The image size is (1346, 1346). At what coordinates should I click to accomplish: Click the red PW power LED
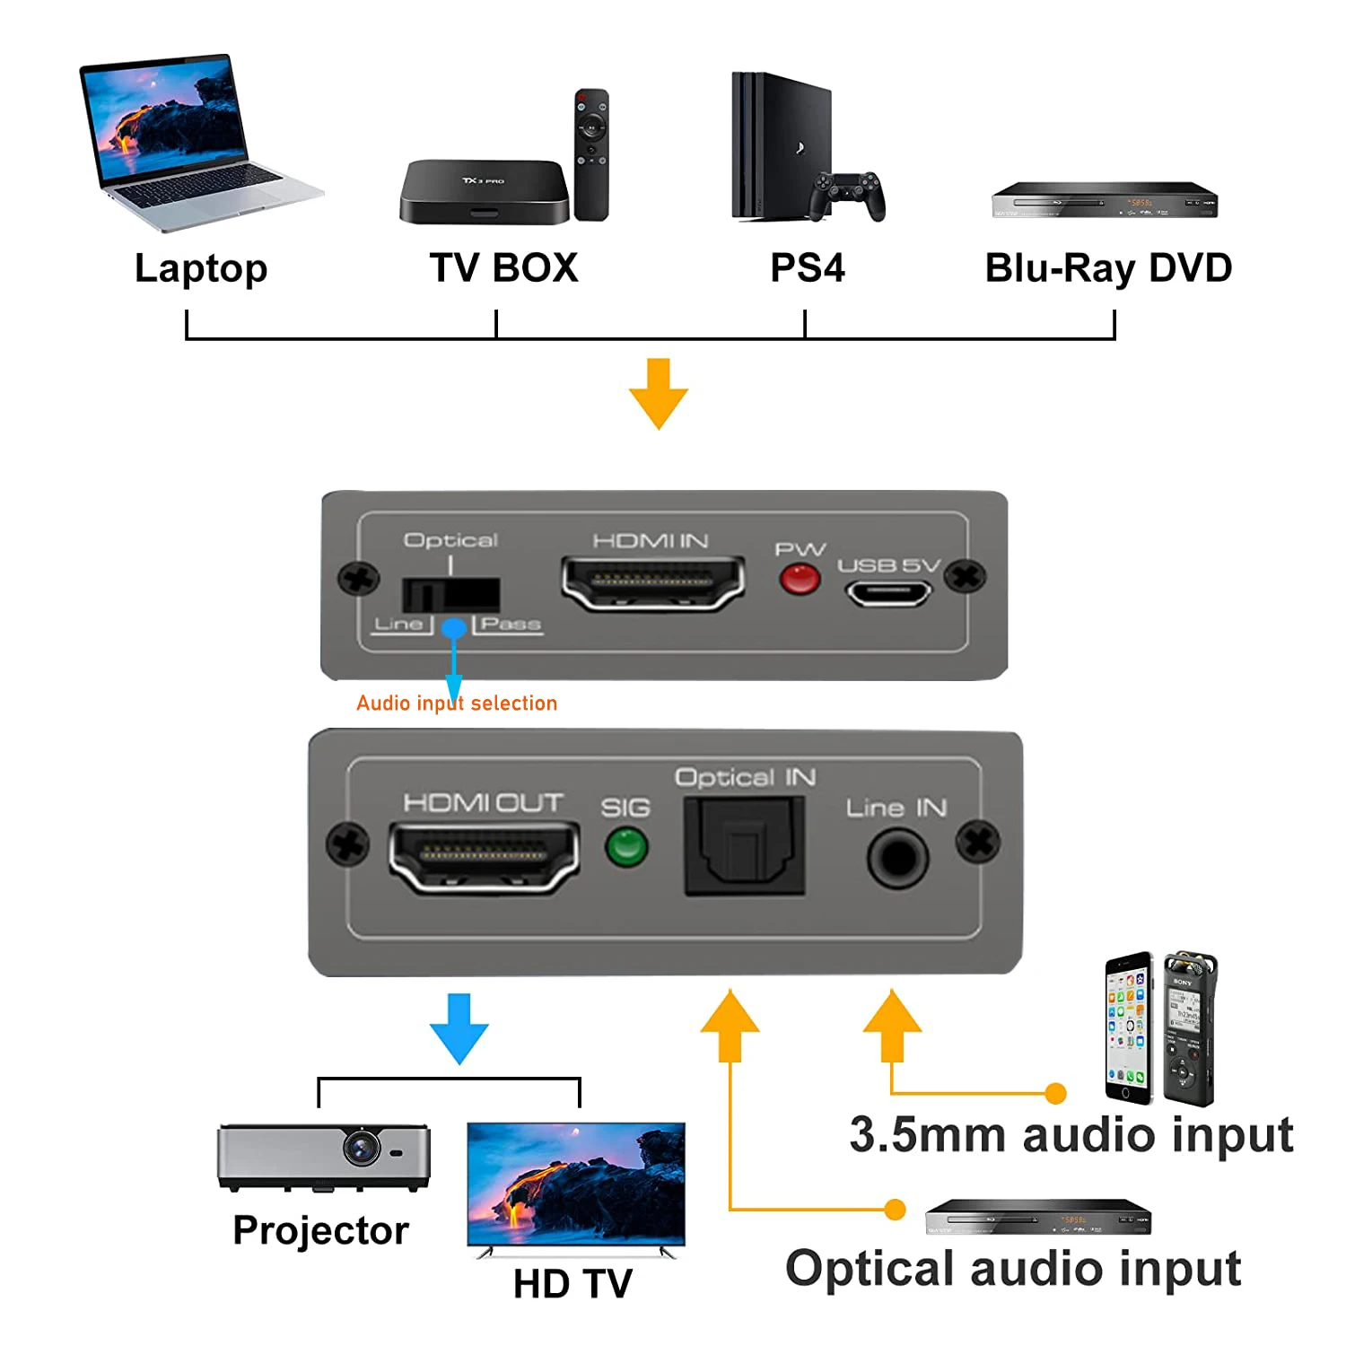point(800,580)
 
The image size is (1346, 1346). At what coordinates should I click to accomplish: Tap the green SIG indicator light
point(626,846)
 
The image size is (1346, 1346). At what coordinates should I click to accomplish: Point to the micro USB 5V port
point(887,593)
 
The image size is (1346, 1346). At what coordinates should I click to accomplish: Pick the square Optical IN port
point(744,846)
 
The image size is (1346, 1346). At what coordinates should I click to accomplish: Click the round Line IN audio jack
point(896,858)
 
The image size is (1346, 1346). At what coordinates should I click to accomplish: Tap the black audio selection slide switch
point(450,594)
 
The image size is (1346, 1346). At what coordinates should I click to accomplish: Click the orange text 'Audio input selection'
point(457,703)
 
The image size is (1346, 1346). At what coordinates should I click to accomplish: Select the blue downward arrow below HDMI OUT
point(459,1027)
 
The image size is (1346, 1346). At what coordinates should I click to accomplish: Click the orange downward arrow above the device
point(659,393)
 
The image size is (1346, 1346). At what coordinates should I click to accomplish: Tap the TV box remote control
point(591,153)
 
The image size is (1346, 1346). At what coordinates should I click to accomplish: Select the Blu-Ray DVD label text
point(1108,267)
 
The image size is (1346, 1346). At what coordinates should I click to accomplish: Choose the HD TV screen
point(576,1182)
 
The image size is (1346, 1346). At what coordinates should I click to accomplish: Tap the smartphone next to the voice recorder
point(1129,1027)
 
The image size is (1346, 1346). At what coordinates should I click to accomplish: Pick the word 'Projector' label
point(320,1229)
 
